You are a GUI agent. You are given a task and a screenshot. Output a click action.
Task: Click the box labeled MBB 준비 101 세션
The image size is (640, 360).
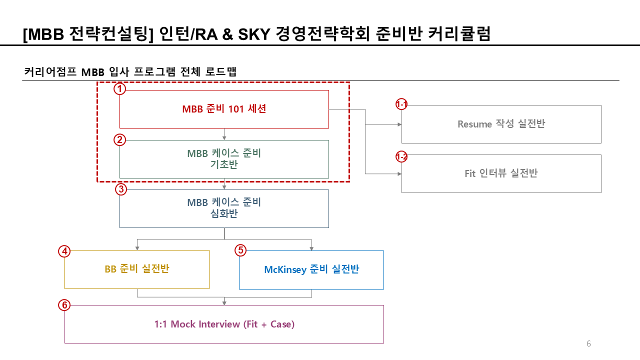[x=224, y=109]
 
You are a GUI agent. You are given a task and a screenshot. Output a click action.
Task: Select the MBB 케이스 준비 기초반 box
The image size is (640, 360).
[x=224, y=159]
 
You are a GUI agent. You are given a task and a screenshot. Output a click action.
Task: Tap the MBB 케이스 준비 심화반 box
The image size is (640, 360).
[x=224, y=208]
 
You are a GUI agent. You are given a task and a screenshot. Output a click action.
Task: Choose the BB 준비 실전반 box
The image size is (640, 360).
[x=136, y=269]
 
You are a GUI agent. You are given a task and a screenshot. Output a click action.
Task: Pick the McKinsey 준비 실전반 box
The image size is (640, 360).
[x=311, y=269]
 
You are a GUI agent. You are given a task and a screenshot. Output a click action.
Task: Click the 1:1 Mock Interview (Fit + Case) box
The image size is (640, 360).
[x=224, y=324]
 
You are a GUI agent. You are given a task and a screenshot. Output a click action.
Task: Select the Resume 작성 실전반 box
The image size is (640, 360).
[x=501, y=124]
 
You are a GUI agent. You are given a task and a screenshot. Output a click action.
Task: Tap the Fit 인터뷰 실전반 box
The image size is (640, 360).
[x=501, y=173]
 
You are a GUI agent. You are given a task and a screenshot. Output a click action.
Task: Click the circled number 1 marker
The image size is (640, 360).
[x=119, y=89]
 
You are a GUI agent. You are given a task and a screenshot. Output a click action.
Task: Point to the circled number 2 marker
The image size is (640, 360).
[x=119, y=139]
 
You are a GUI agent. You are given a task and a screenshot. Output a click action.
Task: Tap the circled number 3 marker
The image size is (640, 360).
[x=120, y=189]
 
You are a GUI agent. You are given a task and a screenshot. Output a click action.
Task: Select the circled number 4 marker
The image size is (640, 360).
[x=64, y=251]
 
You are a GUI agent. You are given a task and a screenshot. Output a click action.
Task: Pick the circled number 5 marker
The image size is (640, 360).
[x=240, y=250]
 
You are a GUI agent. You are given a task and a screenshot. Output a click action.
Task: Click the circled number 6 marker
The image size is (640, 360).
[x=64, y=305]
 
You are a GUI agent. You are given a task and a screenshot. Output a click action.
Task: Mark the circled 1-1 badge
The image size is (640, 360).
[x=401, y=104]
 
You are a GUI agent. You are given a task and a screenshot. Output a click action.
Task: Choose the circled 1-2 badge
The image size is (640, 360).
[x=401, y=157]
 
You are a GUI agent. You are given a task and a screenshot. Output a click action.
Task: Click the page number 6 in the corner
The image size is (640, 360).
[x=588, y=343]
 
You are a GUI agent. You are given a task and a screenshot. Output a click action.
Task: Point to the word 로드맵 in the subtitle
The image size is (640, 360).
[x=220, y=71]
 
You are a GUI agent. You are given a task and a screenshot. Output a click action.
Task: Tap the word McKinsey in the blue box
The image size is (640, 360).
[x=285, y=269]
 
